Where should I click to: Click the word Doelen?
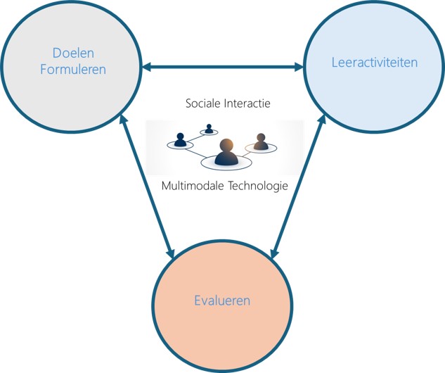coord(73,53)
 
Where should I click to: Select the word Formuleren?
coord(73,70)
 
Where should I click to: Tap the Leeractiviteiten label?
coord(374,63)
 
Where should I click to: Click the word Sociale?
coord(205,103)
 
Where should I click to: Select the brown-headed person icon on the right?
coord(261,142)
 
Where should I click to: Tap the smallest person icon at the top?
coord(209,129)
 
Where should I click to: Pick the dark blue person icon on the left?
coord(181,139)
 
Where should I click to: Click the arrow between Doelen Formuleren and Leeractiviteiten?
coord(222,68)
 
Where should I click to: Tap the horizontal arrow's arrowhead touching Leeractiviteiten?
coord(298,68)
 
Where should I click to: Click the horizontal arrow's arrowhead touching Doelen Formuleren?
coord(146,68)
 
